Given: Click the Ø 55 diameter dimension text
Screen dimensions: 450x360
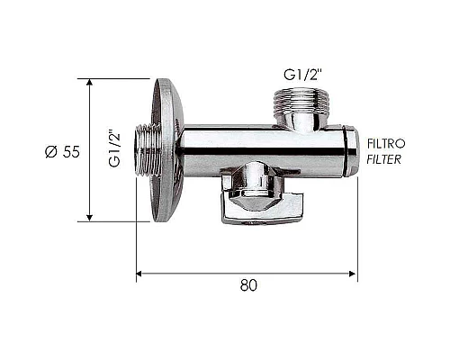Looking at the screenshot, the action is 62,152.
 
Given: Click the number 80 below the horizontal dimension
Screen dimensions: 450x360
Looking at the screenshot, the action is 248,285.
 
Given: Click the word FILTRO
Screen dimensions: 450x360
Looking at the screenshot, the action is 386,144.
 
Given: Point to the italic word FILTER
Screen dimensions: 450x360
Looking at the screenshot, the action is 384,159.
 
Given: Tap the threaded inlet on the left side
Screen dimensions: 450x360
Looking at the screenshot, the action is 147,149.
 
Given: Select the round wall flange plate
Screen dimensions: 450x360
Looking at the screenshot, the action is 167,150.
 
